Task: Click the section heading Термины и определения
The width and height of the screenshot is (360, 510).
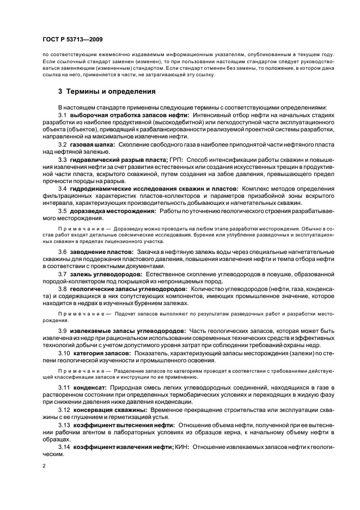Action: [106, 92]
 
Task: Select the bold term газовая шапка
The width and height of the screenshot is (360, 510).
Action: [92, 144]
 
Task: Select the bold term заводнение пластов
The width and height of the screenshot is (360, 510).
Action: [101, 252]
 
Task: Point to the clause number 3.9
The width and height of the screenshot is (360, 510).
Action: [63, 330]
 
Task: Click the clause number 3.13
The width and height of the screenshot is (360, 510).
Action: [65, 424]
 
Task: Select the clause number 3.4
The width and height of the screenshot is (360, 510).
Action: [63, 188]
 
